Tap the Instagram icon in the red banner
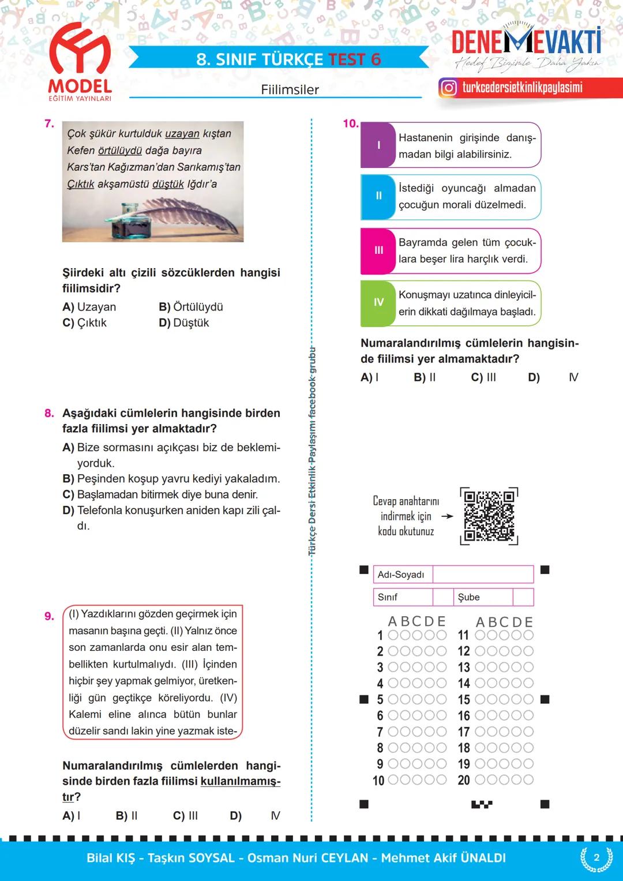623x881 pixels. pos(448,88)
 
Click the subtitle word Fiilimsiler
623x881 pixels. pos(290,89)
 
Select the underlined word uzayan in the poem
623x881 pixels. pos(182,133)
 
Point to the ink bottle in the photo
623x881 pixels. pos(130,222)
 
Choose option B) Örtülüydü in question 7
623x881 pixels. pos(191,307)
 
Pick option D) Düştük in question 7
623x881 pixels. pos(184,323)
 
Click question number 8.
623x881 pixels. pos(49,413)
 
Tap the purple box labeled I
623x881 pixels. pos(378,145)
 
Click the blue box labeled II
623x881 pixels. pos(378,196)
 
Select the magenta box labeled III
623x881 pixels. pos(378,250)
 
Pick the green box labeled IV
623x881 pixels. pos(378,302)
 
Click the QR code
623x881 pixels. pos(489,516)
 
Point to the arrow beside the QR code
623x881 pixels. pos(447,516)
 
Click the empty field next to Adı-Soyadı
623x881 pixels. pos(482,575)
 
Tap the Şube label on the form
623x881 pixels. pos(469,597)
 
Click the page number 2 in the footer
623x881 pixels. pos(596,857)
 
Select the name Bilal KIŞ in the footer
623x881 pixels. pos(110,858)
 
